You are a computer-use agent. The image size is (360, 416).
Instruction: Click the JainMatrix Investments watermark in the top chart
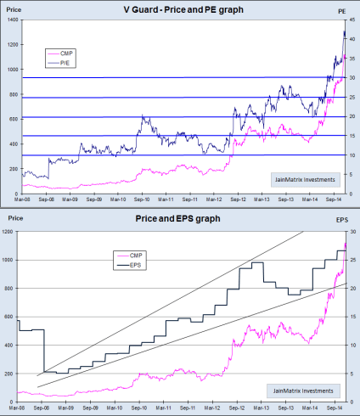[303, 179]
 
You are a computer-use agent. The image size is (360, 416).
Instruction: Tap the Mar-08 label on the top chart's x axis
[22, 202]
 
